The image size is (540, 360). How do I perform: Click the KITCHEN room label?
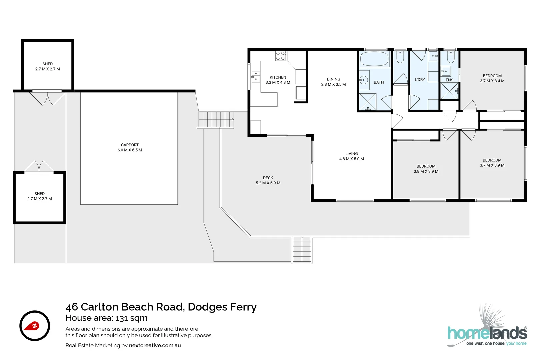click(278, 77)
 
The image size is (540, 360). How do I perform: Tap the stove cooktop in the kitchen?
click(280, 56)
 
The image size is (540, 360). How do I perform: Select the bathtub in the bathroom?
click(375, 59)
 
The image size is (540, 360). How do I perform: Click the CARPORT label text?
click(130, 145)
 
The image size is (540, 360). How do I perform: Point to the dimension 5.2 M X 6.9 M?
click(268, 183)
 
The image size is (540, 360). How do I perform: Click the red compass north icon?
click(35, 326)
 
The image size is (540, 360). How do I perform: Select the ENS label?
click(449, 80)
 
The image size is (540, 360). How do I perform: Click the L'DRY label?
click(420, 80)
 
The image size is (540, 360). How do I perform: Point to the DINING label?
click(333, 79)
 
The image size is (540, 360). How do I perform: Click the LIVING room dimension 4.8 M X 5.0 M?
click(351, 159)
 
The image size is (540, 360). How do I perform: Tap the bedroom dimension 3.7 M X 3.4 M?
click(492, 81)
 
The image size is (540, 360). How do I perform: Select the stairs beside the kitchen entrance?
click(216, 119)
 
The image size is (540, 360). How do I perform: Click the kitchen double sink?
click(255, 77)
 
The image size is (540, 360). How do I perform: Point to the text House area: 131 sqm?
click(106, 318)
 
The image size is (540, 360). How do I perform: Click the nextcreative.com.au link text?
click(155, 345)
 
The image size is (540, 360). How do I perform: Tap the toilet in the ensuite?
click(450, 57)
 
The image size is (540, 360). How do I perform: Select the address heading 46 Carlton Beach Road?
click(161, 307)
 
